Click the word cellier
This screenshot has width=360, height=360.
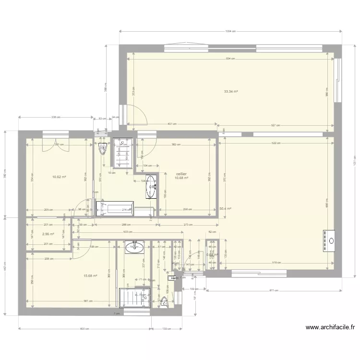181,174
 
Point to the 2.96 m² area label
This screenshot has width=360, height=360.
48,234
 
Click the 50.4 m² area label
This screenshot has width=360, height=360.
226,209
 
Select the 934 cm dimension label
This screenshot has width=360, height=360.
231,59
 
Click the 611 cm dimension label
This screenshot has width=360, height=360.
273,291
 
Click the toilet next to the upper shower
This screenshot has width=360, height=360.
102,149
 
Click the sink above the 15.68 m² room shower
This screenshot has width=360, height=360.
134,247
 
